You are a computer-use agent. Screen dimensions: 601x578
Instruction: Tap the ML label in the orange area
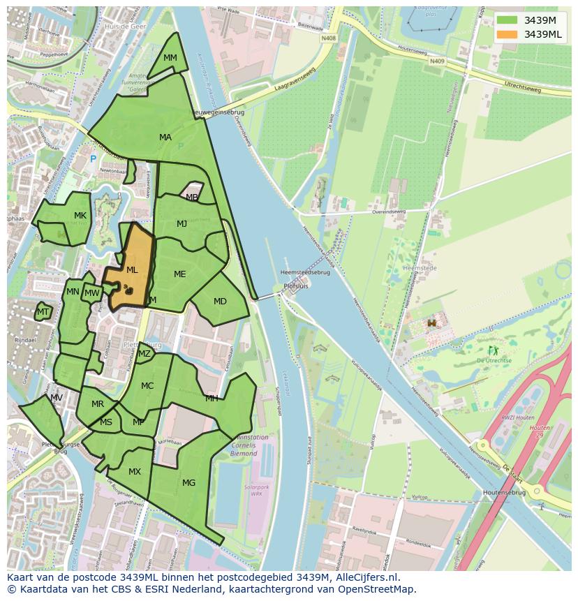(132, 269)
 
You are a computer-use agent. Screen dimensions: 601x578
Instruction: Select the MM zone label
(170, 58)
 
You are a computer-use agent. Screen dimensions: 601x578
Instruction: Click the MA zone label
(165, 138)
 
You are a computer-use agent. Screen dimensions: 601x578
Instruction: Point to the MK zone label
(80, 216)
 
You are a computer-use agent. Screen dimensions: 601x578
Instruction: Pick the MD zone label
(220, 302)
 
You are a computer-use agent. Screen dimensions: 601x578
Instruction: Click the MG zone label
(188, 482)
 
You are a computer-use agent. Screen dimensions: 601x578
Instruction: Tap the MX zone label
(135, 472)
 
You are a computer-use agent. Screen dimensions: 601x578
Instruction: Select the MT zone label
(43, 312)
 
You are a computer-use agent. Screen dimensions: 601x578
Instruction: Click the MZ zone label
(144, 354)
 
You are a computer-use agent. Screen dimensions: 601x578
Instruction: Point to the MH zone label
(212, 399)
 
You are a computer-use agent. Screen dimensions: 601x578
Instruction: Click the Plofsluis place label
(296, 286)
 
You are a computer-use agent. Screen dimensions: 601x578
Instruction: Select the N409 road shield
(437, 61)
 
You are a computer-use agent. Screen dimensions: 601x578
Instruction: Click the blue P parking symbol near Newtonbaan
(93, 160)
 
